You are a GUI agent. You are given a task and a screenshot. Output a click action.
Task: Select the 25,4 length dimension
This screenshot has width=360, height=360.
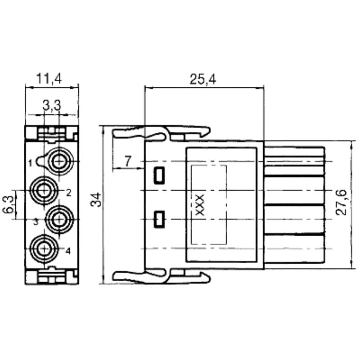(202, 80)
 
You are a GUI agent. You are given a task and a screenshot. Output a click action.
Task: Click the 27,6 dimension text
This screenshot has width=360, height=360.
(342, 202)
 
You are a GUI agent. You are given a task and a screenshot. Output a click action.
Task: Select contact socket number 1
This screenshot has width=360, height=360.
(59, 161)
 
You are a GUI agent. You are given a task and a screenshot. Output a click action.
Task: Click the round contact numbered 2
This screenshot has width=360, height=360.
(44, 191)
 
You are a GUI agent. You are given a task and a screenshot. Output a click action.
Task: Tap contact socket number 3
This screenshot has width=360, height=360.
(59, 219)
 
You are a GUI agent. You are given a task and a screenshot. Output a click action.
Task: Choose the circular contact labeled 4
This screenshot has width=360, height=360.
(44, 247)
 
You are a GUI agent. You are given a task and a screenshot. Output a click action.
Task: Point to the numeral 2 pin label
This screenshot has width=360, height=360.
(68, 193)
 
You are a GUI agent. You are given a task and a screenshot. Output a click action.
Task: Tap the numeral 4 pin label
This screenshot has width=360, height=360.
(68, 251)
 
